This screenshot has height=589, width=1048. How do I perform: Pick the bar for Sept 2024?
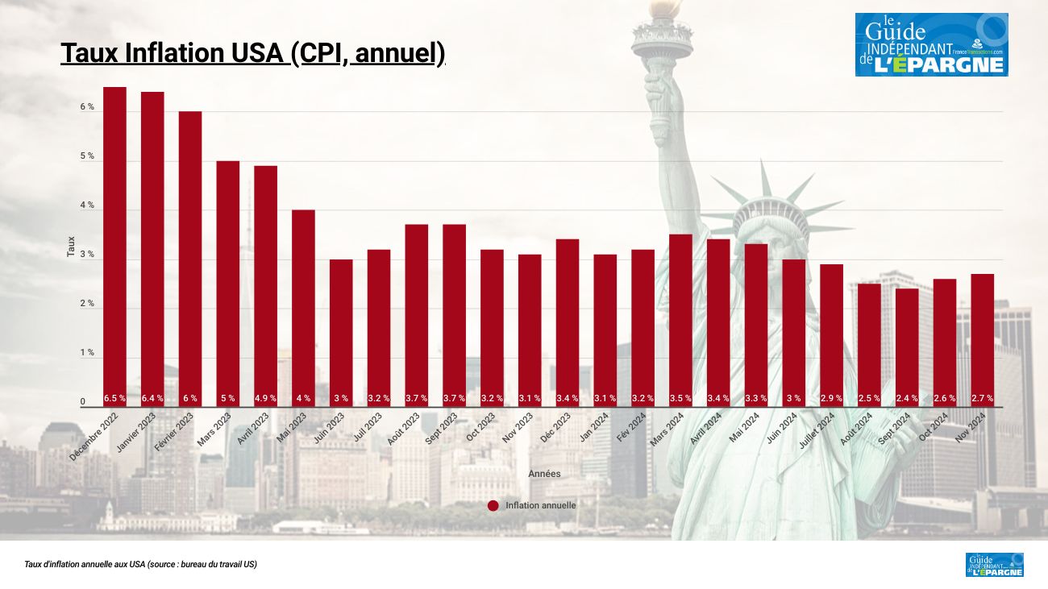tap(907, 346)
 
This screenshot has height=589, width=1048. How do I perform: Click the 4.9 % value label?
tap(265, 398)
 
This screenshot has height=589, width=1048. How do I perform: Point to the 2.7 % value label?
tap(982, 398)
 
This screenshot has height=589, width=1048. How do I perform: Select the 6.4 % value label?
tap(152, 398)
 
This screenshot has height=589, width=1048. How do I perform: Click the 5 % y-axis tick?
tap(86, 156)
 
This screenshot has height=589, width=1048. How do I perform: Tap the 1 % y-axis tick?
tap(86, 353)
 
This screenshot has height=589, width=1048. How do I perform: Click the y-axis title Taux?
tap(71, 246)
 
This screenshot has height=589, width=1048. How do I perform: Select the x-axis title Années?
tap(544, 474)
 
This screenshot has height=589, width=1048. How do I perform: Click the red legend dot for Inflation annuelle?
tap(493, 505)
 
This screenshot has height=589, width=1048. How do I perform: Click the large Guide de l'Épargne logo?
tap(931, 44)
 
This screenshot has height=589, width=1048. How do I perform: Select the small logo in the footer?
tap(994, 564)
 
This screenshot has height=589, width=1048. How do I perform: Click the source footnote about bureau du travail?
tap(140, 565)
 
